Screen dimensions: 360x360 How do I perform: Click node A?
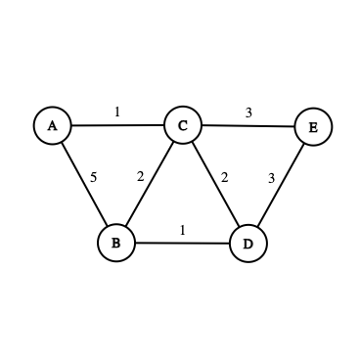coord(53,125)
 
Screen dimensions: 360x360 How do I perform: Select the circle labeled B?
coord(115,243)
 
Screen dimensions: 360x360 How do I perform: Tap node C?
coord(182,125)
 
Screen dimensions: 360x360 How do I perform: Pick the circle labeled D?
coord(247,244)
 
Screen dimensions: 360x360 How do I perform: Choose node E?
coord(313,127)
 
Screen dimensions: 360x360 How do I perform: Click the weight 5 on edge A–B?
coord(94,177)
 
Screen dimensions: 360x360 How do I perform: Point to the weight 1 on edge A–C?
coord(117,112)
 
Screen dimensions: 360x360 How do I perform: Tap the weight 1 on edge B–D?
coord(182,230)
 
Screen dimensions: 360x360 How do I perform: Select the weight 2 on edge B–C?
coord(140,176)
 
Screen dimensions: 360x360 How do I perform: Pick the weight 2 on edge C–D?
coord(225,177)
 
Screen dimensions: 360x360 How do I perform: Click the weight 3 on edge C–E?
coord(248,112)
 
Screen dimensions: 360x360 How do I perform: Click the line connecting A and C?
coord(117,125)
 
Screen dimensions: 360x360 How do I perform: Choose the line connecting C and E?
coord(247,126)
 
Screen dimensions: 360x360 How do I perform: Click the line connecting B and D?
coord(182,243)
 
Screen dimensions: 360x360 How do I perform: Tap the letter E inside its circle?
coord(313,127)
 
